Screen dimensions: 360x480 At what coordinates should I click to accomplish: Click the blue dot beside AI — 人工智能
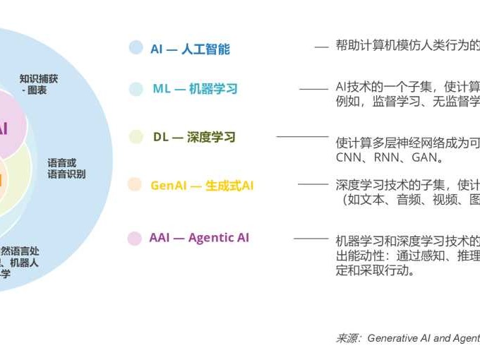136,48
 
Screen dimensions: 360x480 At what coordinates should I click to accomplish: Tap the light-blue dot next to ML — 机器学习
136,89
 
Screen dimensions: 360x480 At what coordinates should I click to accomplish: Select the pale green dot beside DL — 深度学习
136,137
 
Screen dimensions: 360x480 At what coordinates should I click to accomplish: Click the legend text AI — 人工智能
190,49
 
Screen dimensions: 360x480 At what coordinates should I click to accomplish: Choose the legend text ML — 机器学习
195,89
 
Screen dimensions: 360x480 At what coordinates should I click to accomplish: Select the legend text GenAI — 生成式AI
202,186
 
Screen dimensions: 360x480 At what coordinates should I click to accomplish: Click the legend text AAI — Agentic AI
199,238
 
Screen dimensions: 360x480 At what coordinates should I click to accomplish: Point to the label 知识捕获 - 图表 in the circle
39,85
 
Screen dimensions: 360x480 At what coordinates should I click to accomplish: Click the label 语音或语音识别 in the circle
66,168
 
